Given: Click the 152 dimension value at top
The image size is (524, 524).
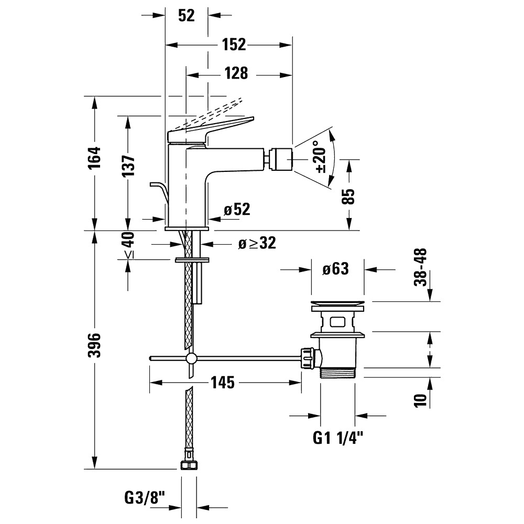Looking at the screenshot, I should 233,45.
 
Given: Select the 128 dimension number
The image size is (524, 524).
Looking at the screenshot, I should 236,73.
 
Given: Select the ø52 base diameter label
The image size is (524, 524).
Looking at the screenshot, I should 236,210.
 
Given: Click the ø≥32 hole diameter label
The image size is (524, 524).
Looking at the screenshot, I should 256,243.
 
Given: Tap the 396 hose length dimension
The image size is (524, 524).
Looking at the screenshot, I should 94,344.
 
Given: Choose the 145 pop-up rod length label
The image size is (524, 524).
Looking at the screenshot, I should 223,383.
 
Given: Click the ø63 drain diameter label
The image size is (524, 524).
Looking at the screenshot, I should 335,269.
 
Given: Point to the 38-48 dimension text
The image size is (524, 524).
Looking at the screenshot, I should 420,268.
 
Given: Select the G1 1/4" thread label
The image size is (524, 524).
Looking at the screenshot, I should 338,438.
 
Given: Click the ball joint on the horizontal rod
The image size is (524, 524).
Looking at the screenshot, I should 191,359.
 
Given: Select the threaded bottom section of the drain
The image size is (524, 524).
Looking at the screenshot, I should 338,372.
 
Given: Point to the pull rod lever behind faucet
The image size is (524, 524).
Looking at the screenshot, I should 160,191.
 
